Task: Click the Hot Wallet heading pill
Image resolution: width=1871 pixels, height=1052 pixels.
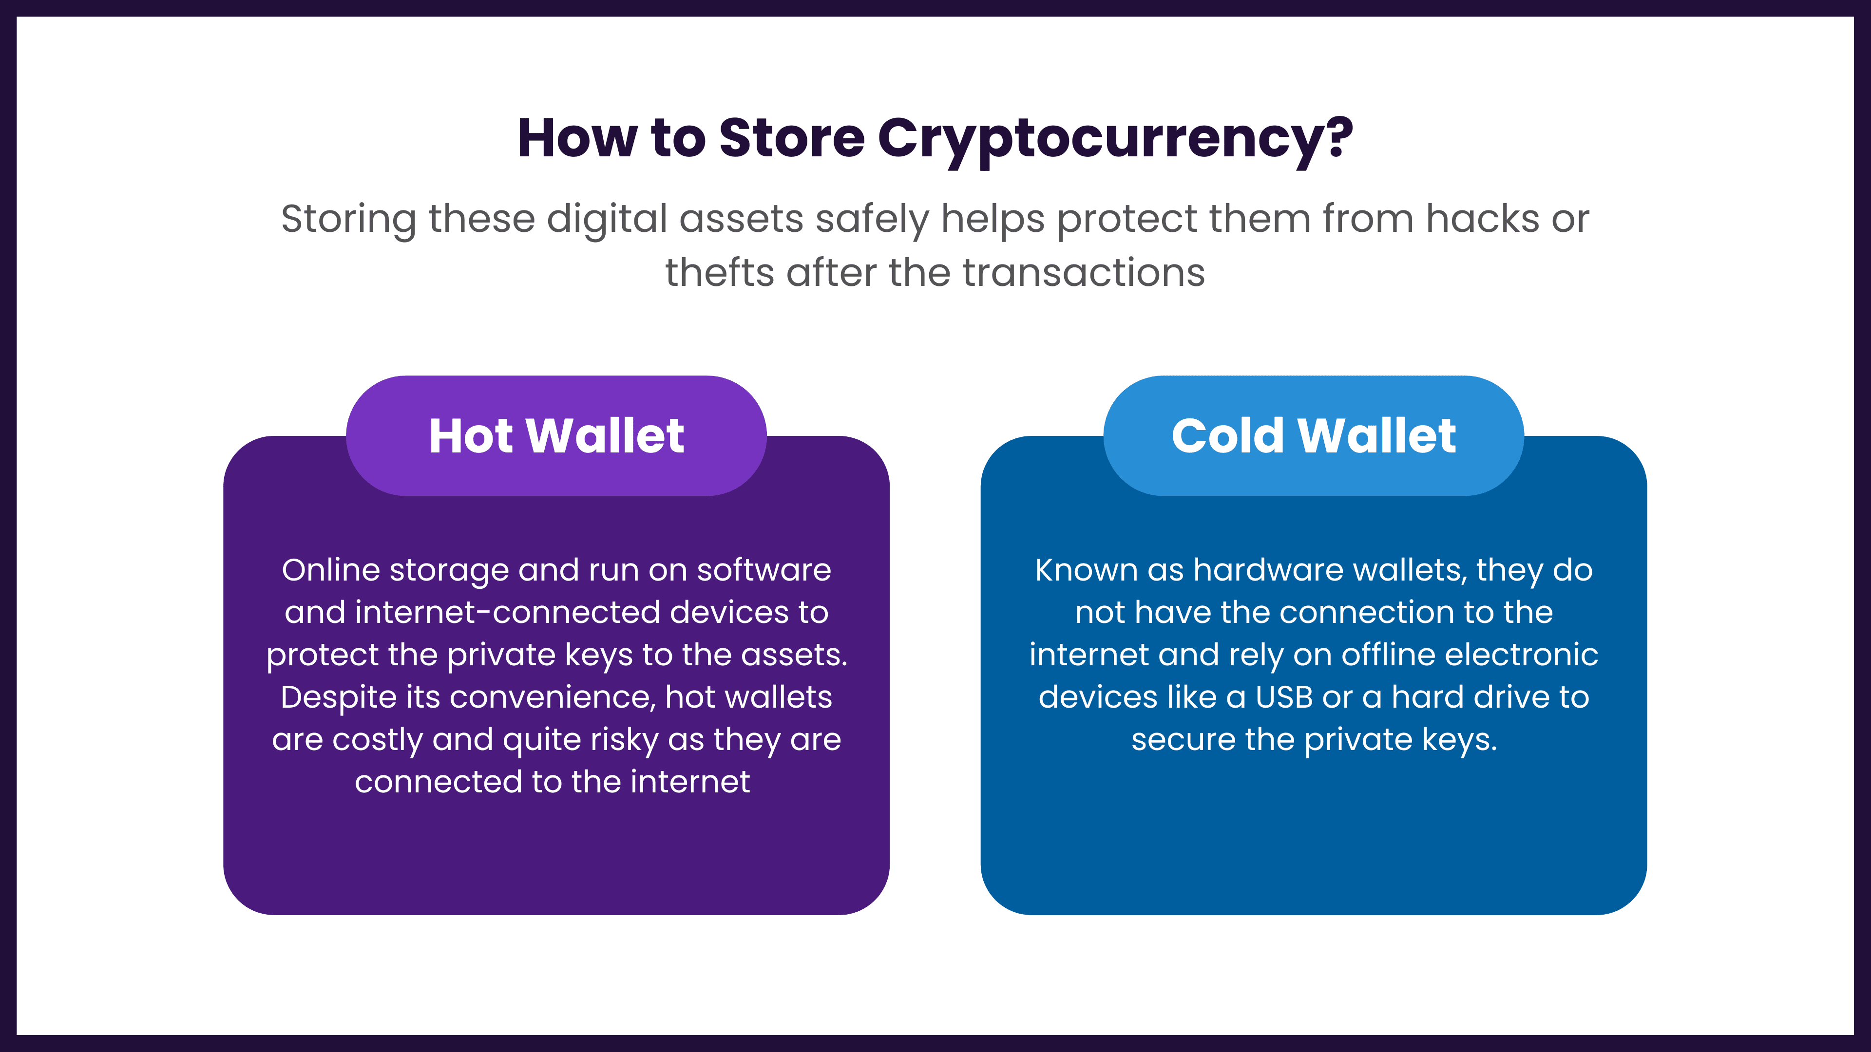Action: click(556, 435)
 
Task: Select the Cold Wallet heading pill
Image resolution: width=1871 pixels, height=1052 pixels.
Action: click(1313, 435)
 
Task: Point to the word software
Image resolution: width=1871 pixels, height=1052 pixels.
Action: click(764, 570)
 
